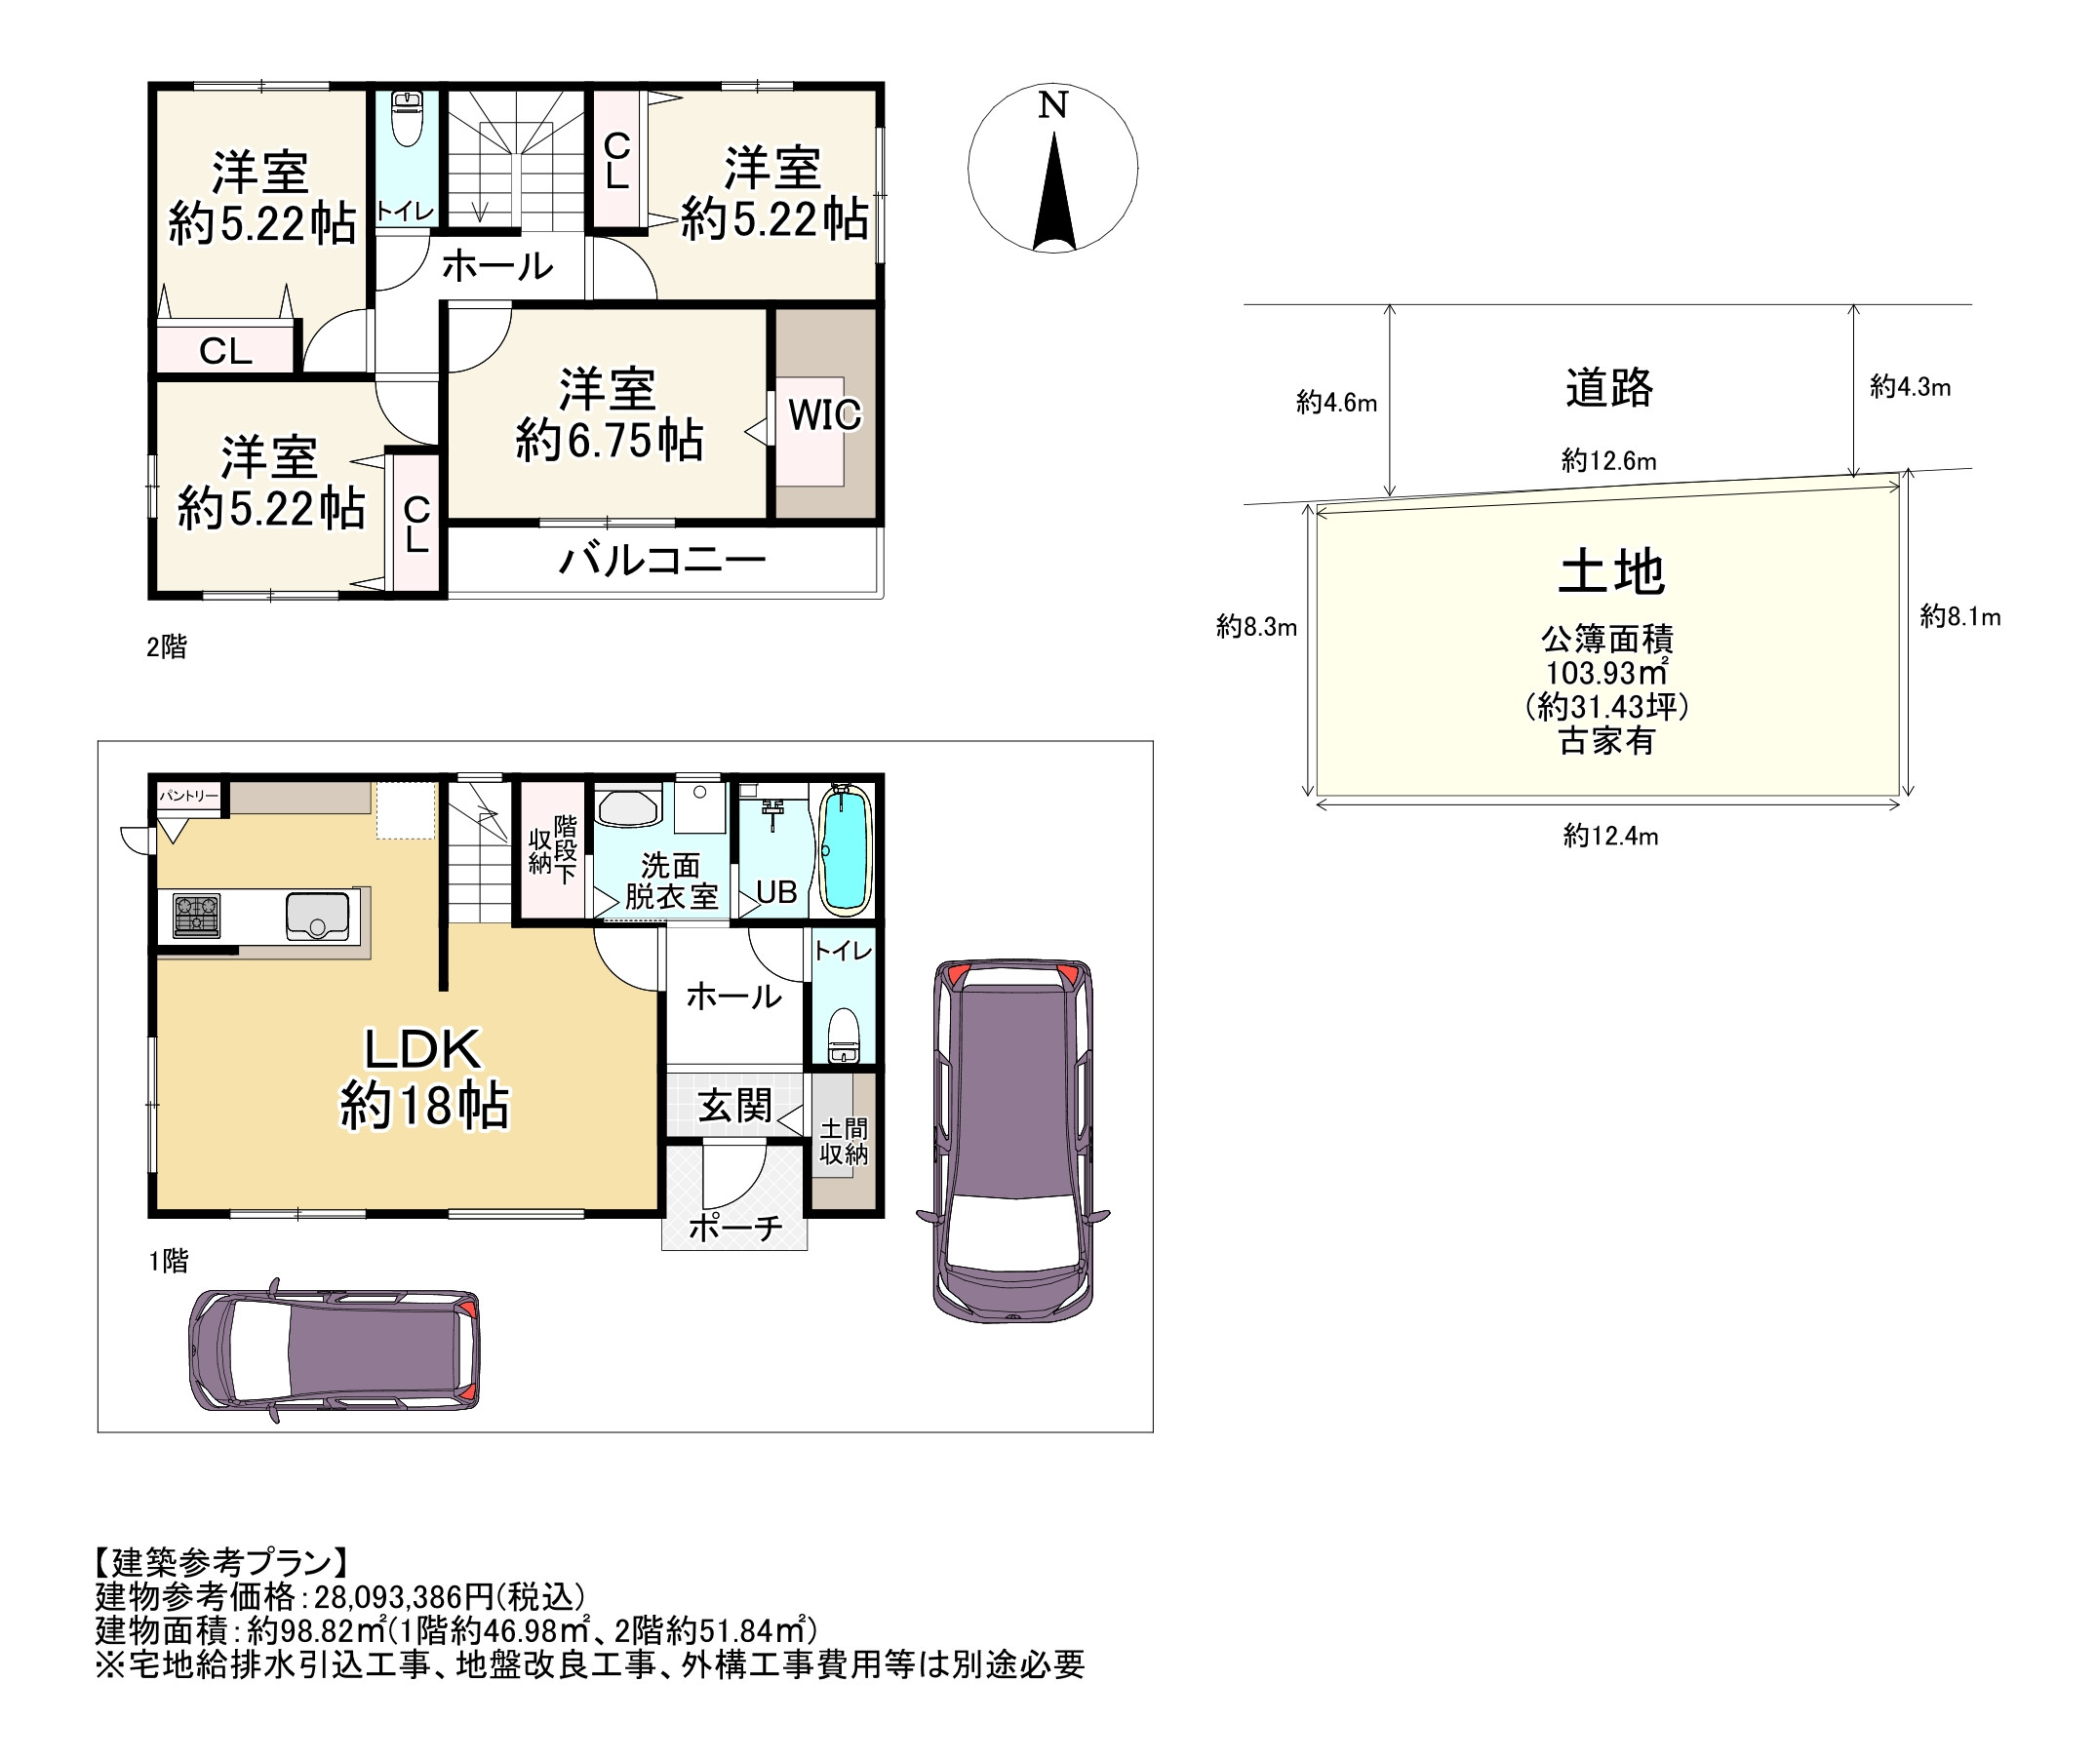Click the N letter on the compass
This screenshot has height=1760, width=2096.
point(1053,104)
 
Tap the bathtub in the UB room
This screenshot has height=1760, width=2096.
point(846,850)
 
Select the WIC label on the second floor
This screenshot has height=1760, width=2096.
point(824,415)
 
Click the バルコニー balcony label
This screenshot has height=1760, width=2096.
point(661,561)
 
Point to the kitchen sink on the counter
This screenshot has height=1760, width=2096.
point(317,916)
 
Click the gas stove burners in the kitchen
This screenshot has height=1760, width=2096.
point(197,916)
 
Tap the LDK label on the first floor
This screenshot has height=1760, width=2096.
point(422,1049)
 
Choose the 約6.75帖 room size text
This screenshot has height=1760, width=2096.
point(609,440)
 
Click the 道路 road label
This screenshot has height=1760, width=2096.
point(1609,388)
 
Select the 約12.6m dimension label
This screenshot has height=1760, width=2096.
point(1609,461)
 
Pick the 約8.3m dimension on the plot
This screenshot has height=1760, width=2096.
point(1256,627)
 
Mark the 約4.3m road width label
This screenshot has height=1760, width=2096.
point(1911,387)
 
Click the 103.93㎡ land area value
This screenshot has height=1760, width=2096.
point(1607,673)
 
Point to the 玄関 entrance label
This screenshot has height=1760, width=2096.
point(734,1106)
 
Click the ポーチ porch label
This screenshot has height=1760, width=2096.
point(735,1228)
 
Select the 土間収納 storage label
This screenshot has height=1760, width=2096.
point(844,1142)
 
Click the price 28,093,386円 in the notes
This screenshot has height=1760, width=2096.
point(404,1596)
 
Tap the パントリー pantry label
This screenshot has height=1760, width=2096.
point(188,796)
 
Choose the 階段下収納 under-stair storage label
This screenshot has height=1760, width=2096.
point(552,850)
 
